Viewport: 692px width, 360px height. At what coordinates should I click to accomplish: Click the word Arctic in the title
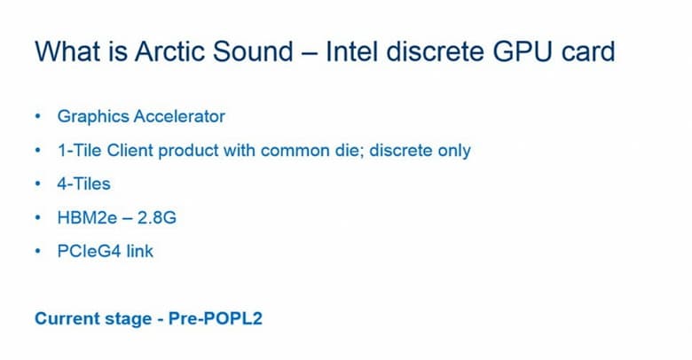(x=169, y=51)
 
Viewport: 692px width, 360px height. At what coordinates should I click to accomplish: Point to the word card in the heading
(x=586, y=51)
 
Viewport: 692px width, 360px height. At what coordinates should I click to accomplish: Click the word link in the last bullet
(x=139, y=251)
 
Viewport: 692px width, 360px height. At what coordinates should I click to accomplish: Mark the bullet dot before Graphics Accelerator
(x=37, y=116)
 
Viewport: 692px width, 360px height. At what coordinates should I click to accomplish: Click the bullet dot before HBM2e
(x=37, y=217)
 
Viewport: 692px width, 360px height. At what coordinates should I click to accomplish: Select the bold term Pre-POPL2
(x=215, y=317)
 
